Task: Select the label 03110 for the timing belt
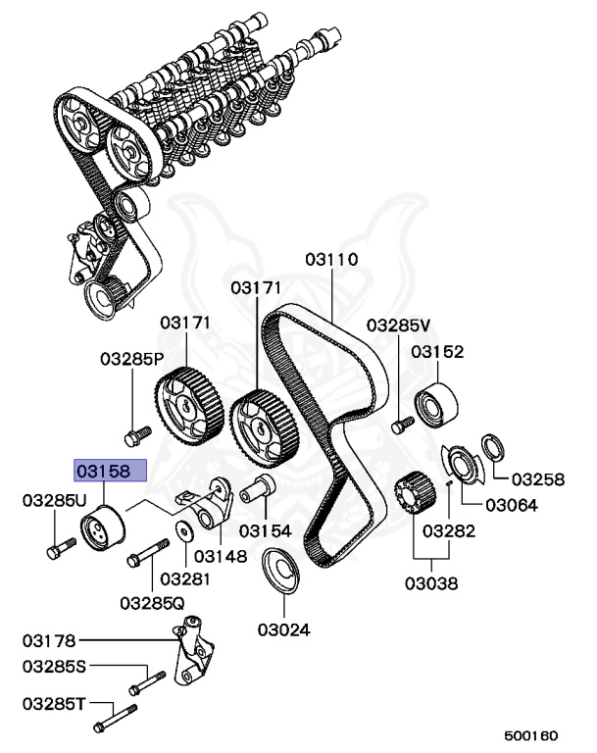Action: [x=331, y=260]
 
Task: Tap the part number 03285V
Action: [x=399, y=326]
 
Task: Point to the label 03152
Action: [x=437, y=352]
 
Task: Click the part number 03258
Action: [x=539, y=479]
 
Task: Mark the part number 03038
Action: [x=431, y=583]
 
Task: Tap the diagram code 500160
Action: [x=530, y=733]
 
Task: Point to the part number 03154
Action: [x=266, y=530]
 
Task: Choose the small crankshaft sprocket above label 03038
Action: [x=411, y=491]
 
